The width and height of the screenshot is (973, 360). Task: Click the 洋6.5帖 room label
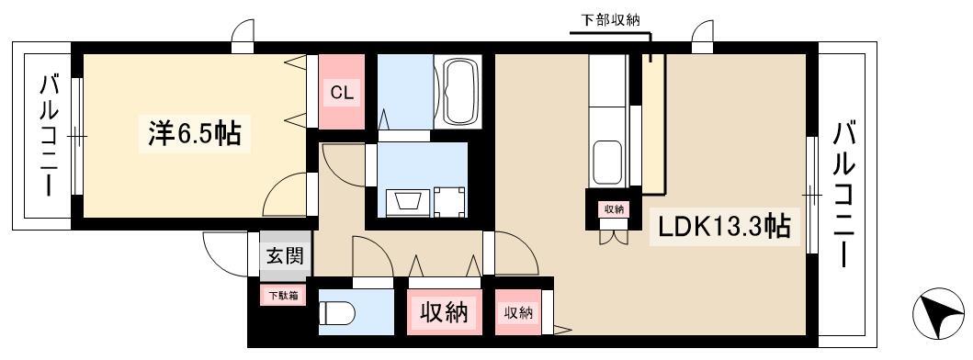pos(194,133)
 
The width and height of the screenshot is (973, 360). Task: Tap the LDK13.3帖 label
pos(724,227)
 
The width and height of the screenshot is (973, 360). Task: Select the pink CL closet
pos(341,92)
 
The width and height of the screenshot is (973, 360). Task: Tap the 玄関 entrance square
pos(286,254)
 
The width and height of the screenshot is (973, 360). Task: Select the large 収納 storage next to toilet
pos(445,311)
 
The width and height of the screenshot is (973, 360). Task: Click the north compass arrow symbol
pos(938,312)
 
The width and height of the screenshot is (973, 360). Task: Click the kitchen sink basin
pos(607,162)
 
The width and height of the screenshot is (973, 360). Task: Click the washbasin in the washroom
pos(405,203)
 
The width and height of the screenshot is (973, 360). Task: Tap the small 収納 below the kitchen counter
pos(614,209)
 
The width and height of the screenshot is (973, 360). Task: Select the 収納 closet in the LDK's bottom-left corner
pos(518,312)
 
